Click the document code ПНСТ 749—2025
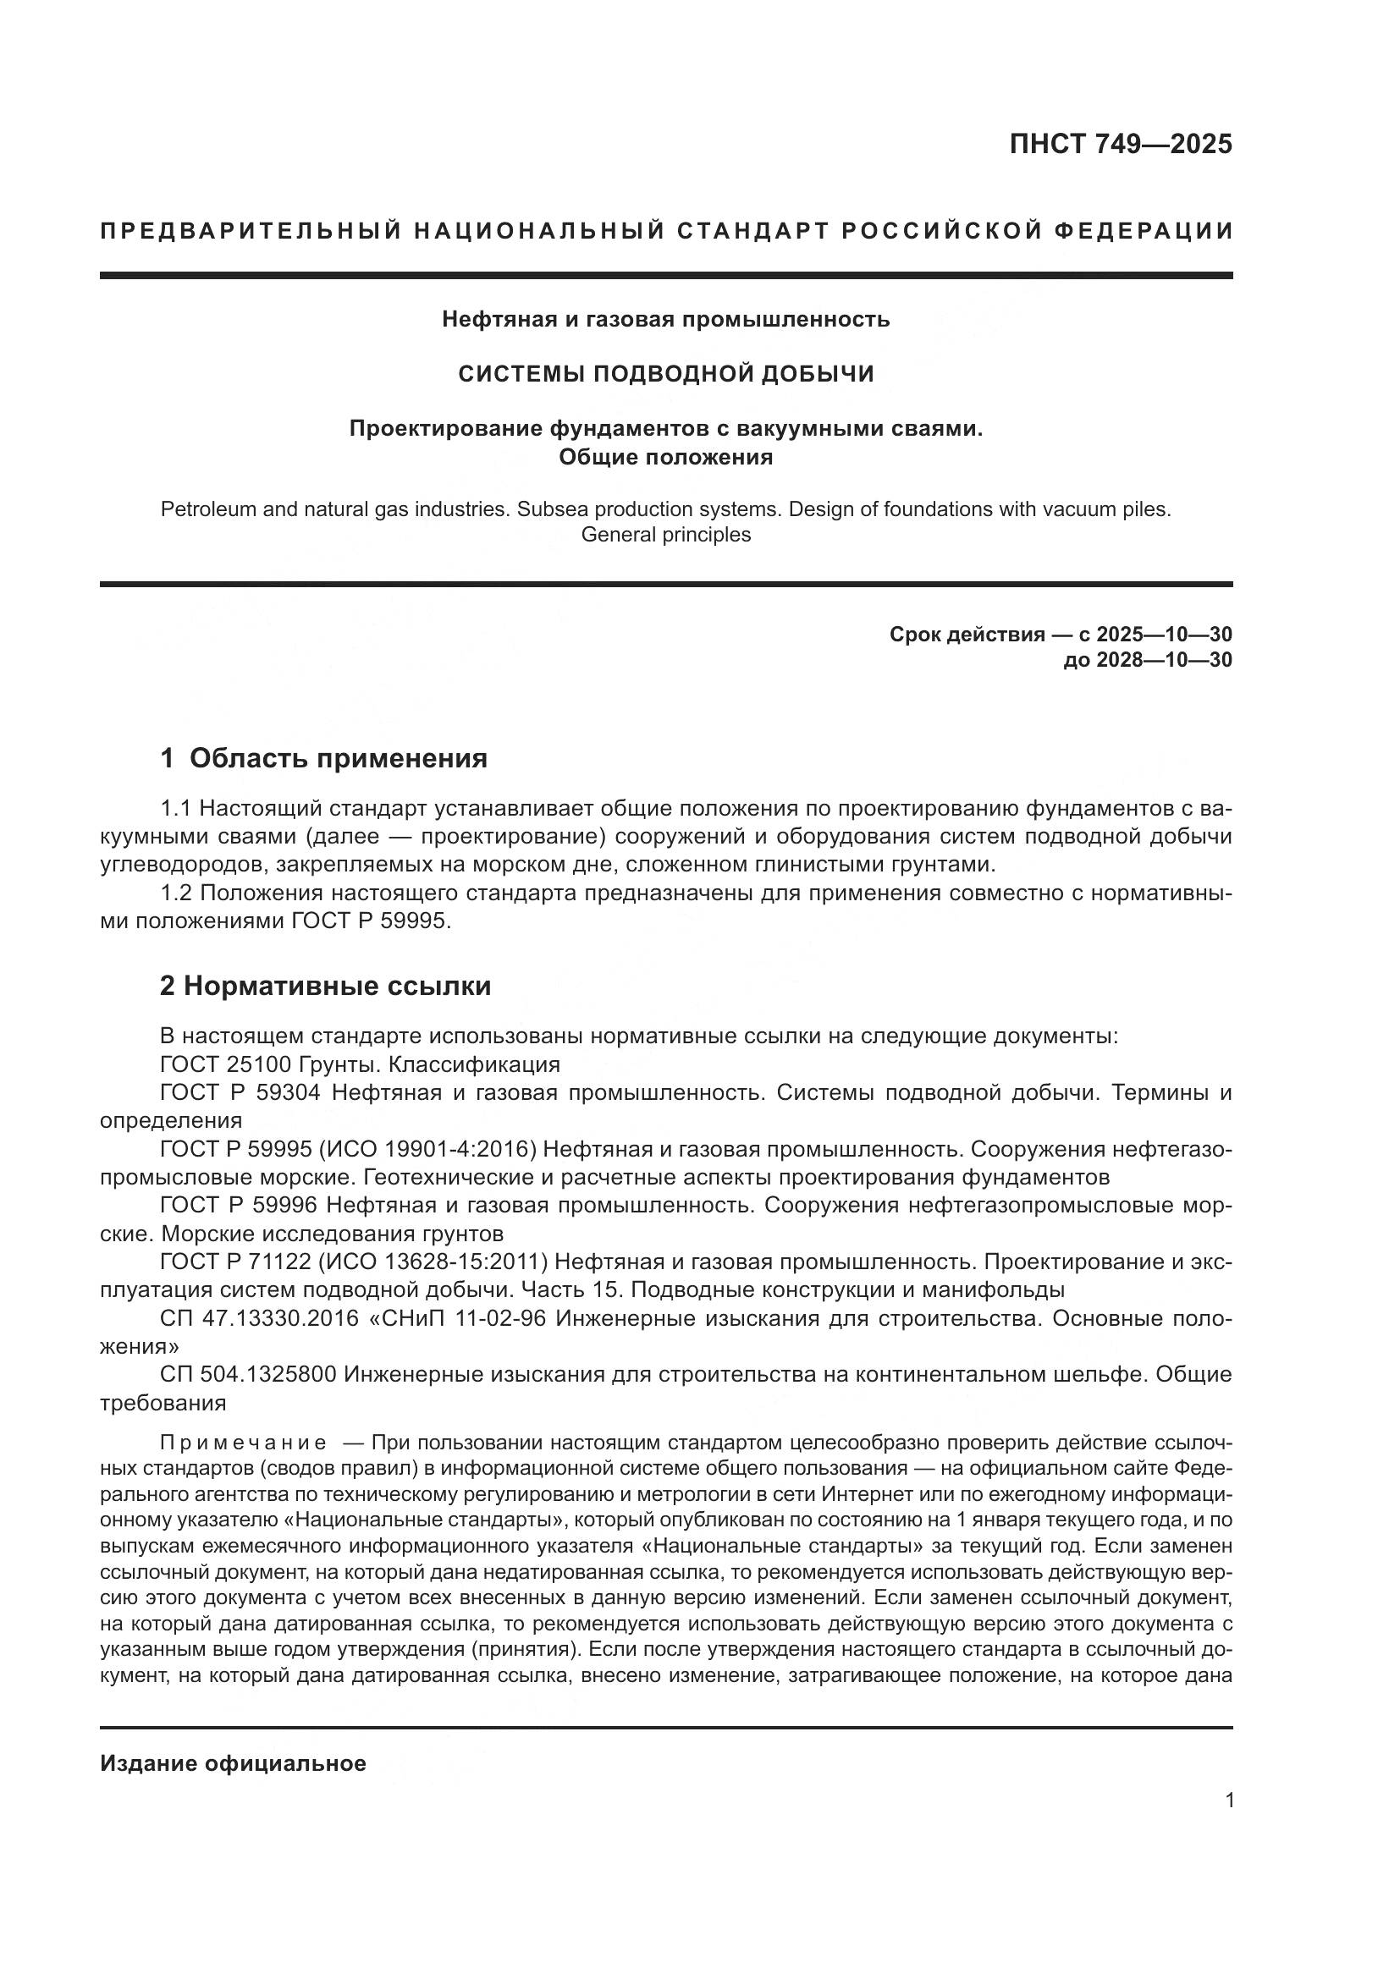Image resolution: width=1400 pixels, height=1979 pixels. [x=1120, y=144]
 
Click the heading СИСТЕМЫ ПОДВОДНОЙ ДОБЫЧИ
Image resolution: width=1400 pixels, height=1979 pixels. [x=665, y=373]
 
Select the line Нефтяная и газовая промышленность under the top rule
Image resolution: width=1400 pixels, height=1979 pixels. [x=665, y=320]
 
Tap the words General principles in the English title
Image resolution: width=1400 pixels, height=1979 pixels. [x=665, y=535]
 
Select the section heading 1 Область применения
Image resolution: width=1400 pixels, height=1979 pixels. [x=323, y=758]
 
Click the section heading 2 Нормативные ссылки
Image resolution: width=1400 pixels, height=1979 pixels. [x=325, y=985]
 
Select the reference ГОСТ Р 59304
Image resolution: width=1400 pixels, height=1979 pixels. [x=240, y=1093]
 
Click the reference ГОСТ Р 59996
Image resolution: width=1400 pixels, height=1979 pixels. [x=240, y=1205]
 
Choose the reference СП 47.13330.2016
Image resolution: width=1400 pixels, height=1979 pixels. [x=259, y=1319]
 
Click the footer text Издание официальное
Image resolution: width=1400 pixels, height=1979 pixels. [x=233, y=1762]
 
